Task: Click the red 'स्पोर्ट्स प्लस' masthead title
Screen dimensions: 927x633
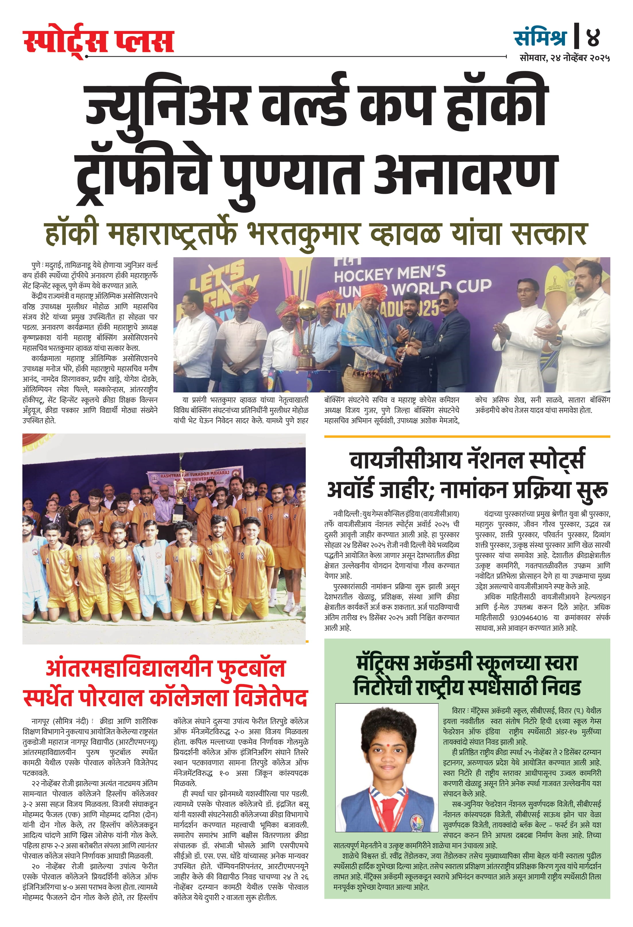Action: (98, 42)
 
